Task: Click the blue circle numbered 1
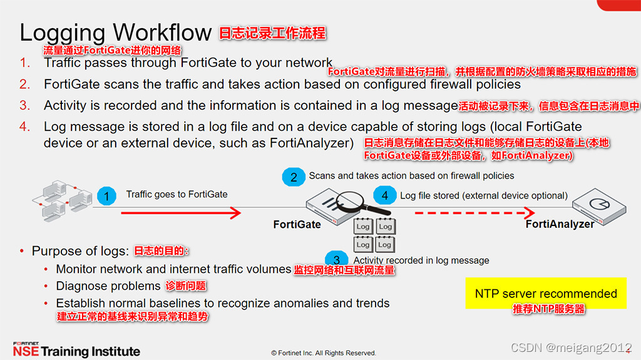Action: click(x=107, y=196)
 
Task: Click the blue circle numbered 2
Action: click(x=294, y=177)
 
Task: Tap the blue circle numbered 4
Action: click(x=385, y=195)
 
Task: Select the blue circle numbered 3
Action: click(x=337, y=260)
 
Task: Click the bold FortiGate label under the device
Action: click(x=297, y=224)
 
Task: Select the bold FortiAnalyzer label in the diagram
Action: click(x=560, y=224)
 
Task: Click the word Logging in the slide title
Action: click(x=63, y=33)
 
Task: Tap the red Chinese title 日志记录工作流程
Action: click(x=272, y=33)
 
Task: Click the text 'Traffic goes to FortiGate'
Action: click(x=177, y=194)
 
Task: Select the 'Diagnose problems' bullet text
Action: click(x=108, y=286)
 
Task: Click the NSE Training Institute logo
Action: click(x=76, y=350)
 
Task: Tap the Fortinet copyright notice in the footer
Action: click(x=323, y=352)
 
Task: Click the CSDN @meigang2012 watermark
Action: click(x=571, y=347)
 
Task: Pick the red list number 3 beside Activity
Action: click(x=24, y=105)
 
